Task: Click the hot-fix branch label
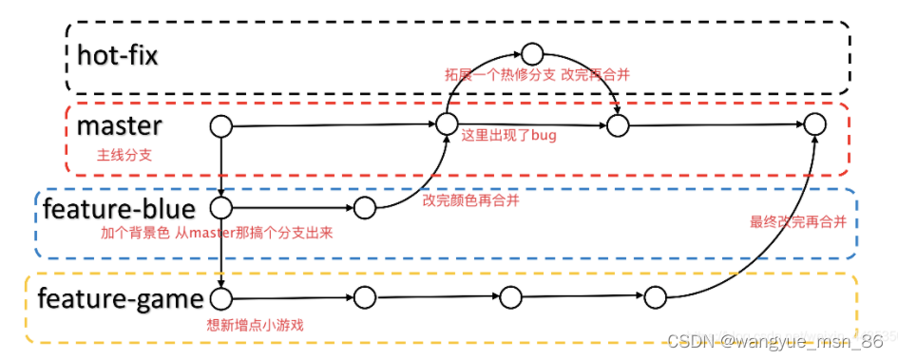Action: click(117, 54)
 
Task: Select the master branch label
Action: click(119, 124)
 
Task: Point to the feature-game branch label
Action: click(121, 299)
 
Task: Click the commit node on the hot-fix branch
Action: click(532, 52)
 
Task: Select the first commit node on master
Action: click(220, 125)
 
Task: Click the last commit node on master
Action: click(814, 124)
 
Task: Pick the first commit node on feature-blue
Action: click(220, 207)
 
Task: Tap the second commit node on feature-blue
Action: click(366, 207)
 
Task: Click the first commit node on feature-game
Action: click(220, 299)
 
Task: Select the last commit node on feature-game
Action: click(656, 298)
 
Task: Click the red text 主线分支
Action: click(124, 155)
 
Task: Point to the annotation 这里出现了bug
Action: click(508, 136)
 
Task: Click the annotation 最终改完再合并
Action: click(797, 222)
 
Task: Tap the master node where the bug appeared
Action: click(447, 124)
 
